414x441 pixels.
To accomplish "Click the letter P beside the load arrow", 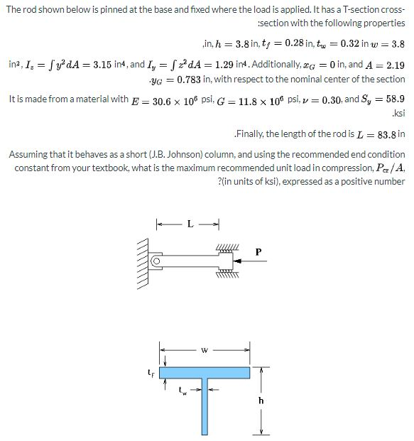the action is point(258,251).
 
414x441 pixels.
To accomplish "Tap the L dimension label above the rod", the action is point(189,225).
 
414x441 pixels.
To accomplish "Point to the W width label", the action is point(205,349).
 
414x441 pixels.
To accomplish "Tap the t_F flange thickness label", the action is point(148,371).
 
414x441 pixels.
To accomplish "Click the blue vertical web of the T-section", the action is point(205,408).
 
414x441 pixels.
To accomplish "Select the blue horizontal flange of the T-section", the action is point(205,372).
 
